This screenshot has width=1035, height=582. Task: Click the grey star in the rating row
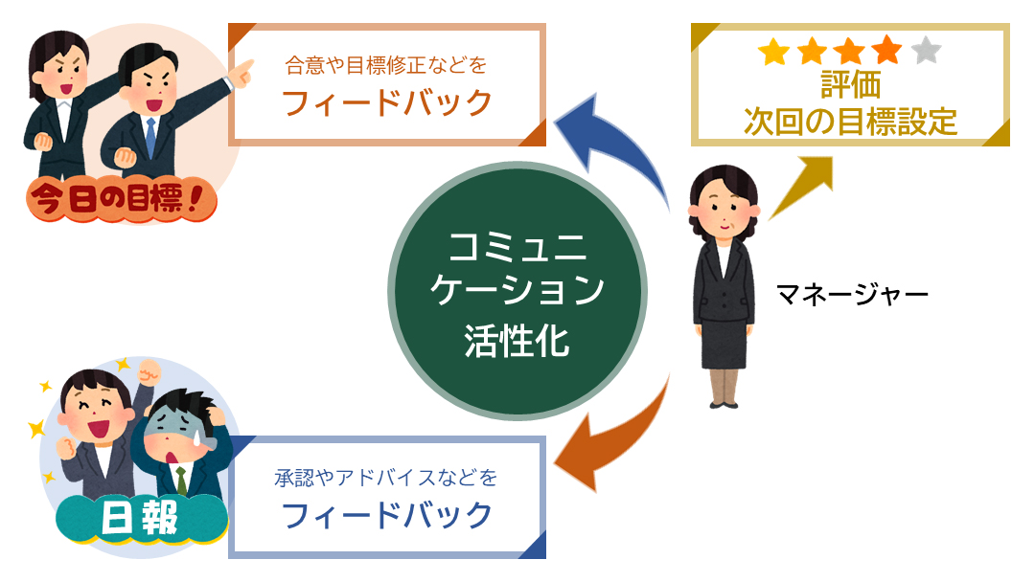click(x=926, y=51)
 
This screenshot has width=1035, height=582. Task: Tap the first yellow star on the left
click(x=773, y=52)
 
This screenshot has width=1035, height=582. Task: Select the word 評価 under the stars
click(x=850, y=85)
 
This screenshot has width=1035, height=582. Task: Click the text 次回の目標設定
click(x=850, y=122)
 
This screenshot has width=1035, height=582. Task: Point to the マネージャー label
click(x=852, y=294)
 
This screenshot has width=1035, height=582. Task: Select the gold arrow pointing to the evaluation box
click(x=799, y=188)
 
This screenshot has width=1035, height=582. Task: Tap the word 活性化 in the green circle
click(x=517, y=341)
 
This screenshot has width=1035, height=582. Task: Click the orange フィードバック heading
click(x=387, y=103)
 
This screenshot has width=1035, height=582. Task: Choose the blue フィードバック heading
click(x=387, y=515)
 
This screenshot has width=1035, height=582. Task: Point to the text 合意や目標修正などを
click(x=386, y=65)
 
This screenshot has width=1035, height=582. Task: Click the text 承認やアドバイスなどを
click(x=386, y=478)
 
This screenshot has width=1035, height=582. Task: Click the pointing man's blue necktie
click(x=150, y=137)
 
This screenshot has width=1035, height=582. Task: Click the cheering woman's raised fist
click(x=149, y=373)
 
